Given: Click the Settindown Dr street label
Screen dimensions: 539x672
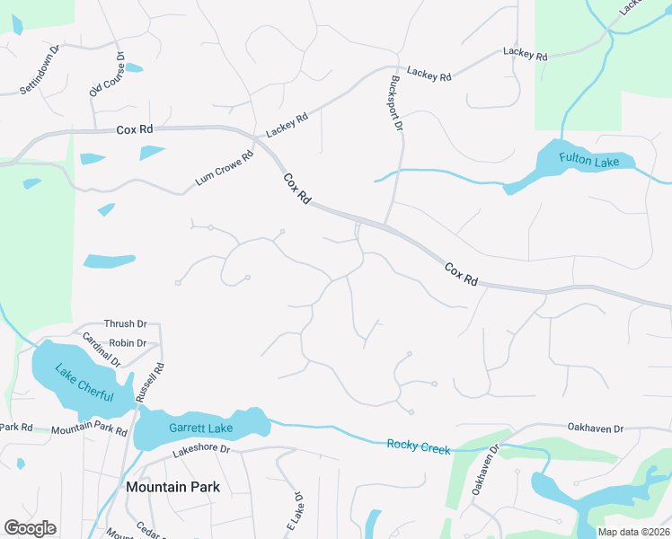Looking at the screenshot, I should [x=40, y=70].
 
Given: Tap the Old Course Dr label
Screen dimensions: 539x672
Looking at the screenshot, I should [x=107, y=75].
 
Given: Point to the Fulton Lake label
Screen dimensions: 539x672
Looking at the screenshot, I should [x=586, y=158].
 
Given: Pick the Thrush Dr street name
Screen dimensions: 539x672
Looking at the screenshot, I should [x=126, y=323].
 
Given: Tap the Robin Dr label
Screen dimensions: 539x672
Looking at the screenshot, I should [x=128, y=343].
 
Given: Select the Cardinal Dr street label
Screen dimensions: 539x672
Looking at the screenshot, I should [x=102, y=349].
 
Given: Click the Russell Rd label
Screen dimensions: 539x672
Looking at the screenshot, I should [x=150, y=382].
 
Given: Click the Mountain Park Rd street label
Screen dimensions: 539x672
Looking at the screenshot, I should [x=89, y=430].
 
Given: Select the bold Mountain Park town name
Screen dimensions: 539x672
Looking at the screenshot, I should [x=172, y=487].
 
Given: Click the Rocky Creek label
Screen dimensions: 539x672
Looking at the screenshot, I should [x=418, y=446].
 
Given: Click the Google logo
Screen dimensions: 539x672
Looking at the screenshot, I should [x=30, y=528].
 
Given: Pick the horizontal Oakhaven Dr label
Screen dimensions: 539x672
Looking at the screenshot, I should [x=595, y=429].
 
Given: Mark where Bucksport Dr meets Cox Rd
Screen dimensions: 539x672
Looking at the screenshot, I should [x=386, y=225].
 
